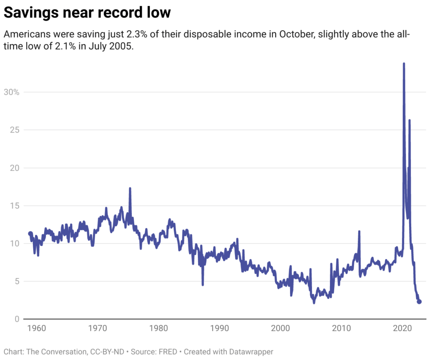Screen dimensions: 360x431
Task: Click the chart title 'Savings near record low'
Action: pos(87,13)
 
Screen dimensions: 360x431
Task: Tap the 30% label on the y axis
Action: pos(11,92)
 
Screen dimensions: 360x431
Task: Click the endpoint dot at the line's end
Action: pos(419,302)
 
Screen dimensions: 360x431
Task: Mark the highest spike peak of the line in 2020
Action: pos(404,64)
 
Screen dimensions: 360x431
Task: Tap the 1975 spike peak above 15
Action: pos(130,188)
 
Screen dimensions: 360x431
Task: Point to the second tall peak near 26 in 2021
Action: pos(410,121)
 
